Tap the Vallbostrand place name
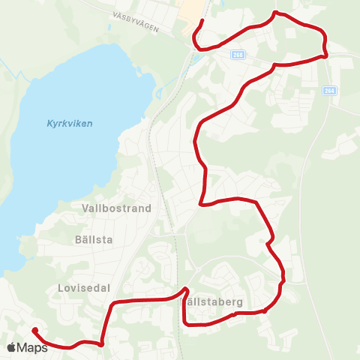coord(116,208)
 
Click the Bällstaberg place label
coord(213,301)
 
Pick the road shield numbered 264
coord(330,91)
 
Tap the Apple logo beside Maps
coord(11,348)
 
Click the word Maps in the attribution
coord(32,348)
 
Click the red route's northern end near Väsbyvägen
coord(203,22)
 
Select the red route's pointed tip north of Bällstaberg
coord(184,289)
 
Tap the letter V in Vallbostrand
coord(84,208)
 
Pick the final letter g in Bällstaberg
coord(240,303)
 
